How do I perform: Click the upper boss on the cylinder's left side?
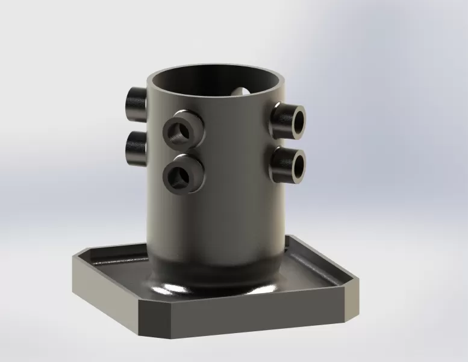tap(135, 104)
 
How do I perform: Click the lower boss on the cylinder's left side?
tap(135, 148)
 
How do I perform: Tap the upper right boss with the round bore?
tap(289, 119)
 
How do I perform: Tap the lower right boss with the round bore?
tap(289, 164)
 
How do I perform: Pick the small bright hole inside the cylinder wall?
tap(243, 92)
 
